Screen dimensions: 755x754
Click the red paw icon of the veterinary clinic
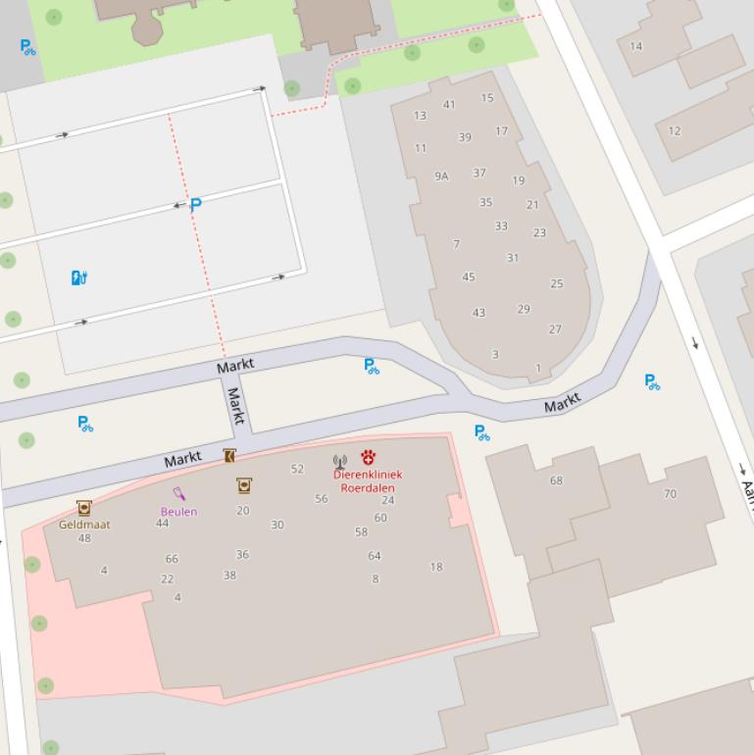368,457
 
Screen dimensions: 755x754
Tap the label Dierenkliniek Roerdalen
368,480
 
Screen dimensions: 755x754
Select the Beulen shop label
179,512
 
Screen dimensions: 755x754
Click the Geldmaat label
84,525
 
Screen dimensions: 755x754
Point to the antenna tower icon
340,461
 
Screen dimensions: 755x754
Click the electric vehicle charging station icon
79,278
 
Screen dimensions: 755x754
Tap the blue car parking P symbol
195,205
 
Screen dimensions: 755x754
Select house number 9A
441,176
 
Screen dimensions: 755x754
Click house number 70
670,494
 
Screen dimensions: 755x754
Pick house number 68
556,480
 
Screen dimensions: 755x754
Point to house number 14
636,46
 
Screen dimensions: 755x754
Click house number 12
675,130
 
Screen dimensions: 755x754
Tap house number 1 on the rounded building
537,369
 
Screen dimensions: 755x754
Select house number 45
469,277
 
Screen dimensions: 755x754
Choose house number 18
436,567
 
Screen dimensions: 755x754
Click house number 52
297,470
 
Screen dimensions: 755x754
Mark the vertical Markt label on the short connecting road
234,405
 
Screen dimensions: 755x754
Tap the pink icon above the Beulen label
179,493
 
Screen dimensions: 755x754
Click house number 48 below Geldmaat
84,538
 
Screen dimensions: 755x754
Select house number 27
555,329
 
